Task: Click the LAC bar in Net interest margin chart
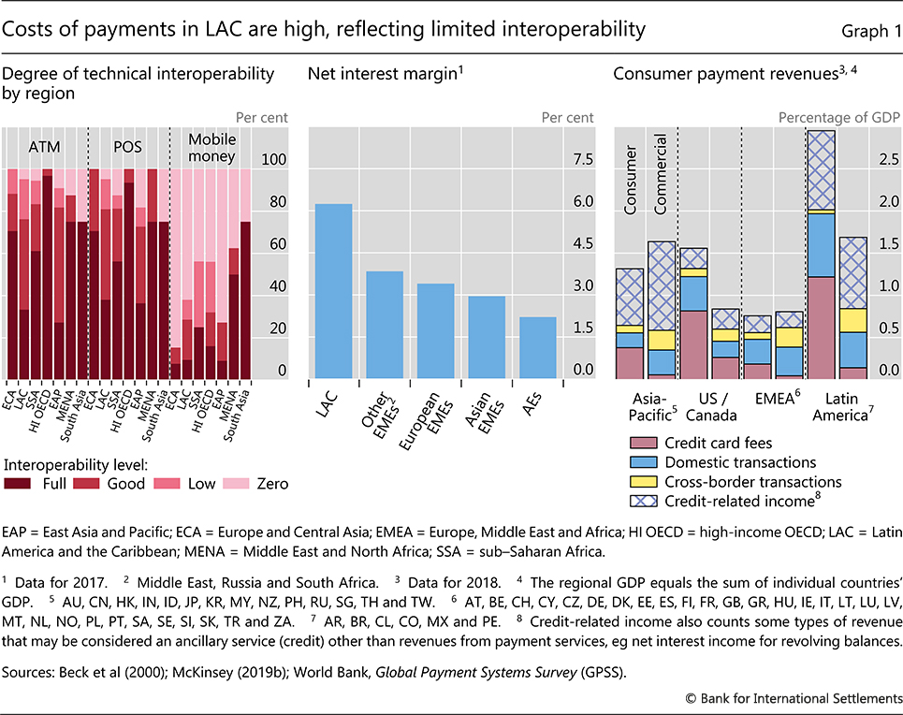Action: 333,290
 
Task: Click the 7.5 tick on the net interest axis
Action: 582,160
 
